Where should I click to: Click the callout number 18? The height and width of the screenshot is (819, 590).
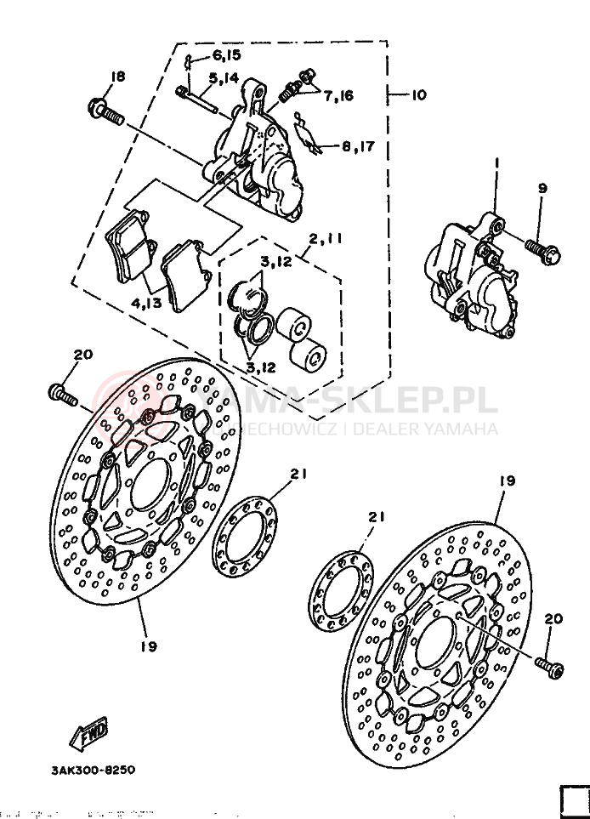point(116,77)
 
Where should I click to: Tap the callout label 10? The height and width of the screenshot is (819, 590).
point(417,94)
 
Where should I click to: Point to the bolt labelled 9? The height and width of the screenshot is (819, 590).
point(542,248)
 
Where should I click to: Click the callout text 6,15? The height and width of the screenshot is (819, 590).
point(226,55)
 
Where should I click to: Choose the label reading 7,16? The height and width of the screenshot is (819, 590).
point(338,95)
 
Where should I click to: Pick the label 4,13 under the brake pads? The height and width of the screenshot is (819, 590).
point(147,303)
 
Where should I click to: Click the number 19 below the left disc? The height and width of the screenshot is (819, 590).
point(148,646)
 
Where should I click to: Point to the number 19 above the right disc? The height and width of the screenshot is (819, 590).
point(507,481)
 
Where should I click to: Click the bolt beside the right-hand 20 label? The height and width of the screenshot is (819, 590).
point(549,667)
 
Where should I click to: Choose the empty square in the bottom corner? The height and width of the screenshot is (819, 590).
point(574,800)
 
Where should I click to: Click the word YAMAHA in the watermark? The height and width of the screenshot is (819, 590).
point(463,429)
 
